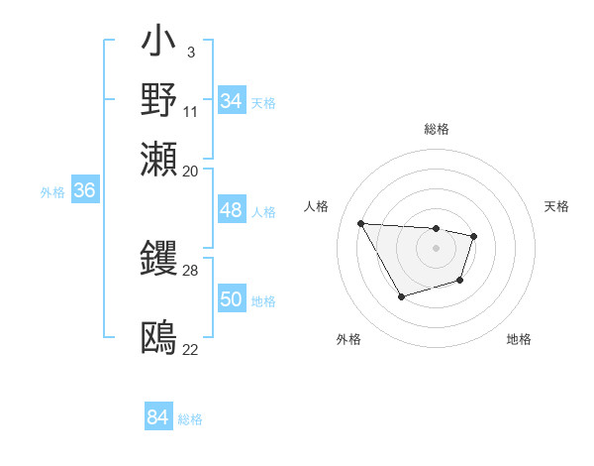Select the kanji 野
click(159, 99)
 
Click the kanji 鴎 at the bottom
click(159, 337)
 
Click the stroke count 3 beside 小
click(190, 51)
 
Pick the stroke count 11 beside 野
click(191, 111)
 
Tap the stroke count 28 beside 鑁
click(191, 270)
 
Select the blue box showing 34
click(231, 100)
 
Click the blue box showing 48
click(231, 210)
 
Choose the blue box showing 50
click(231, 299)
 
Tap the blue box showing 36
click(84, 190)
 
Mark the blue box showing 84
click(157, 417)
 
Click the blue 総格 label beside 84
click(190, 419)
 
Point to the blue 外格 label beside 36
click(52, 192)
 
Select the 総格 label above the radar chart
click(436, 129)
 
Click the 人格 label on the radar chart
click(317, 206)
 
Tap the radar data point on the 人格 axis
click(361, 223)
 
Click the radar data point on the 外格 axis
click(400, 296)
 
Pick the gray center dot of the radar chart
click(436, 247)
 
